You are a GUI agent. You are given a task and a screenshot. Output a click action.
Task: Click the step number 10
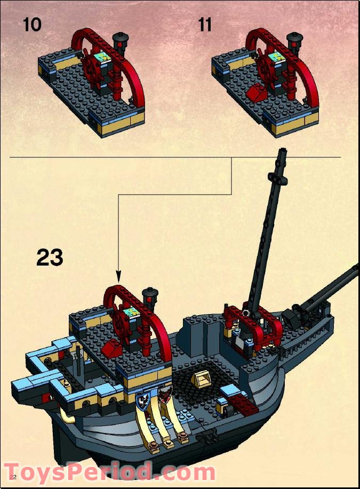(x=32, y=25)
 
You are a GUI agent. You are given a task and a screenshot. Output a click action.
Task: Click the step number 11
(x=205, y=25)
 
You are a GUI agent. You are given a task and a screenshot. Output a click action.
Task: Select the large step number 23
(x=50, y=258)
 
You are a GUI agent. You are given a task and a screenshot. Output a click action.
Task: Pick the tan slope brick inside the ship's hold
(x=204, y=379)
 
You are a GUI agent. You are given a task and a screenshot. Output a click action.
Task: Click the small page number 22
(x=13, y=476)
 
